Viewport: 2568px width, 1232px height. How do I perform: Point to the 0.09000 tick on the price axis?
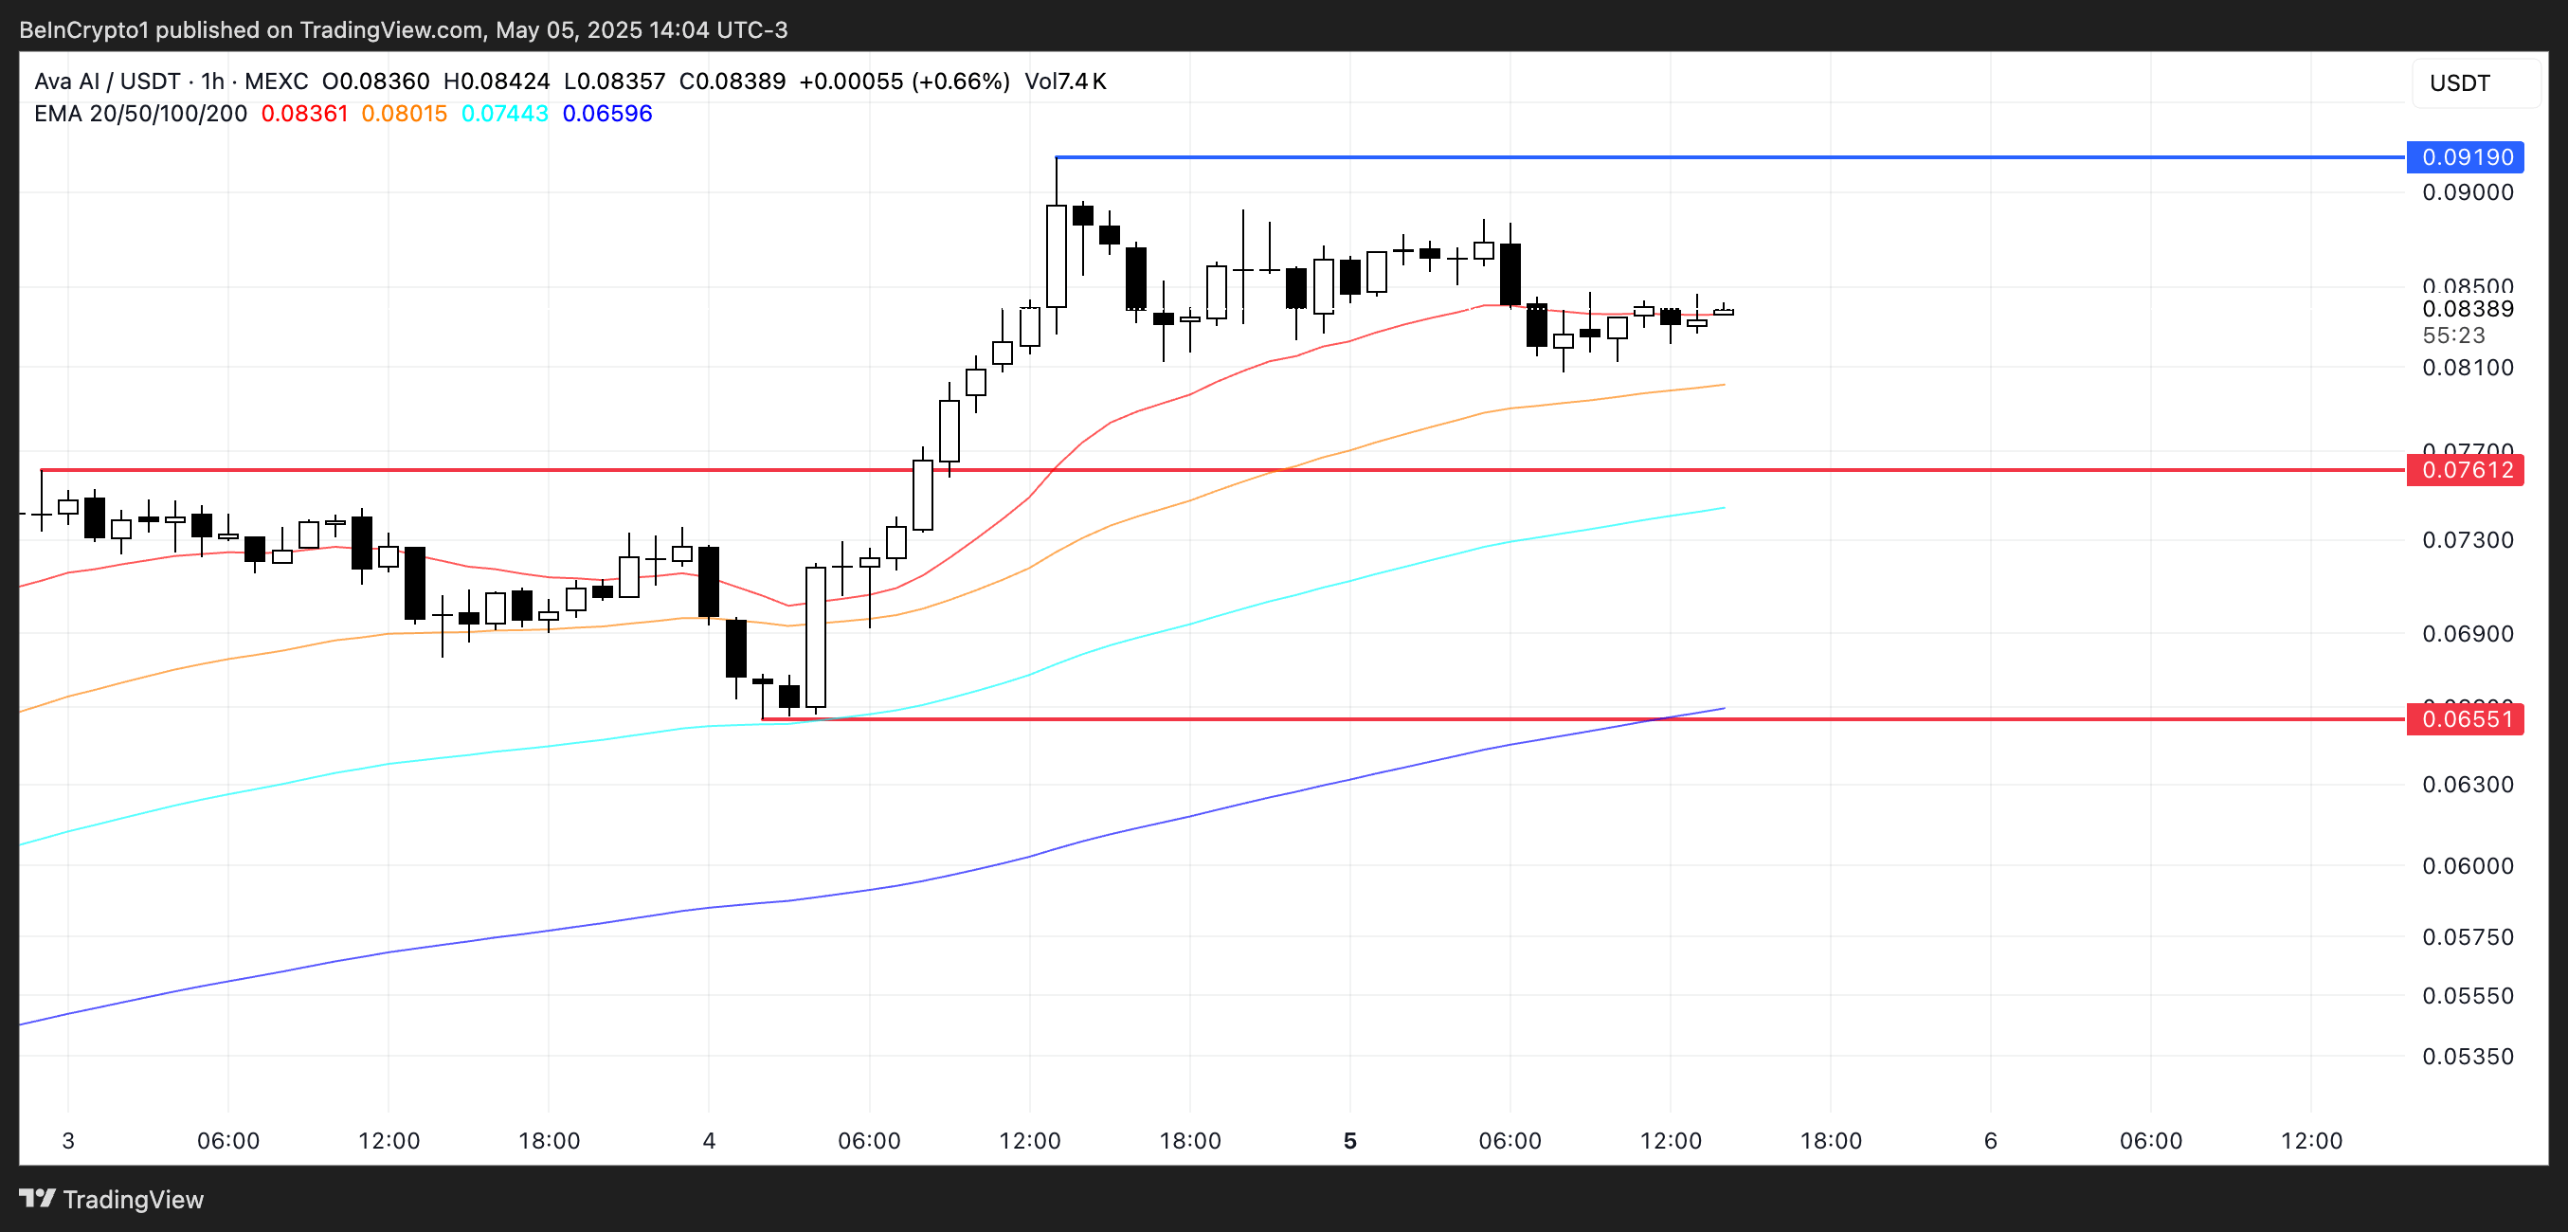pos(2468,192)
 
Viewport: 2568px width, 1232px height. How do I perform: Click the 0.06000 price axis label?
pos(2468,865)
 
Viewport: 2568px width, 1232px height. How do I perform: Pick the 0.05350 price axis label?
pos(2468,1057)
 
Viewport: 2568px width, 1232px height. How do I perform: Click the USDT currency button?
pos(2459,82)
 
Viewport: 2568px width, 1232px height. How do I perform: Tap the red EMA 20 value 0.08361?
pos(304,114)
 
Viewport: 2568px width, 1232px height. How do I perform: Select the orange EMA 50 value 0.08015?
pos(404,114)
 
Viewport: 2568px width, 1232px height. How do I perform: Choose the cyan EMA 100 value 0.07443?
pos(504,114)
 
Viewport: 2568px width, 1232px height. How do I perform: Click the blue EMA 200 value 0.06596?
pos(607,114)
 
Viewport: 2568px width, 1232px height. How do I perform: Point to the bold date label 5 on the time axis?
pos(1349,1140)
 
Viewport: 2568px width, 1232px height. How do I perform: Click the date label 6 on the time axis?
pos(1990,1140)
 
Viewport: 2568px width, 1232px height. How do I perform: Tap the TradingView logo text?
pos(133,1199)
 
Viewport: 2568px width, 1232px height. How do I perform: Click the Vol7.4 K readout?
pos(1065,82)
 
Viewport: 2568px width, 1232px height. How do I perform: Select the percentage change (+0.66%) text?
pos(960,82)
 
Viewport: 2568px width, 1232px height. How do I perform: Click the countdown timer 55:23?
pos(2453,335)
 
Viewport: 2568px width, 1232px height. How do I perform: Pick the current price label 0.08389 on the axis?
pos(2468,309)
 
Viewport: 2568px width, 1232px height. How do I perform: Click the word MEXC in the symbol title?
pos(276,82)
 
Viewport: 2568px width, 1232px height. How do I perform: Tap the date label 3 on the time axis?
pos(68,1140)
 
